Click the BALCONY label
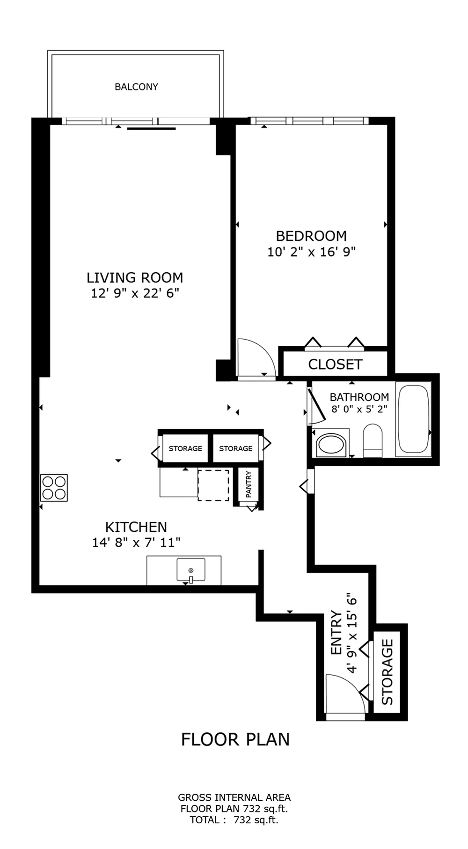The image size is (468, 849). pos(136,87)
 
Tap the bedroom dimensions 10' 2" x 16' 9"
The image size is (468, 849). pos(311,252)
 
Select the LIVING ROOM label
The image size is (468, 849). pos(135,277)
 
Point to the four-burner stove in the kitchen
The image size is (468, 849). pos(54,488)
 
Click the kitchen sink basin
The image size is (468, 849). pos(190,569)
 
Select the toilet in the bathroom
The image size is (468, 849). pos(373,440)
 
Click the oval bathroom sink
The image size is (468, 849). pos(330,444)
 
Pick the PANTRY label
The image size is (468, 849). pos(249,484)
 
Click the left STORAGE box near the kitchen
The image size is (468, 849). pos(185,448)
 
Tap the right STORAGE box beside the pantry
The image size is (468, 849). pos(236,448)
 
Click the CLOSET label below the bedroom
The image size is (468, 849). pos(335,364)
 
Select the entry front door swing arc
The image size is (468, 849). pos(345,693)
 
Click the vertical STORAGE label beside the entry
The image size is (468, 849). pos(387,672)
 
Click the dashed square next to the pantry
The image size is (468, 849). pos(213,485)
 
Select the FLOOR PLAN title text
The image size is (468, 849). pos(235,739)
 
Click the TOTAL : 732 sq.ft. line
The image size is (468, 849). pos(234,820)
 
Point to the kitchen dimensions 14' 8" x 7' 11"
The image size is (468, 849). pos(136,543)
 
